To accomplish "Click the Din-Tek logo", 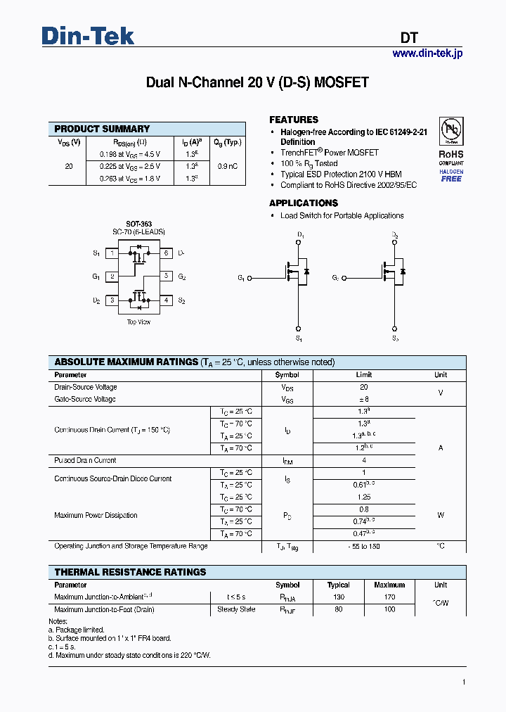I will (88, 36).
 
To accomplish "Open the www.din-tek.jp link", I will (427, 53).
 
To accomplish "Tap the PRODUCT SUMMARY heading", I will (102, 129).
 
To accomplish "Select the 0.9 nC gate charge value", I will (227, 166).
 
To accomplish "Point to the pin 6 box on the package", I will (167, 253).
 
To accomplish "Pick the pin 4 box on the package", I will (167, 300).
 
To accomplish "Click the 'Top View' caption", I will (138, 322).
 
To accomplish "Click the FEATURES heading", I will (294, 120).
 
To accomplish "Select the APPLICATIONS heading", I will (304, 203).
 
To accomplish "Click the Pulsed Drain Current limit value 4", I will (364, 460).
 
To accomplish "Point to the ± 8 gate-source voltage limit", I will (364, 399).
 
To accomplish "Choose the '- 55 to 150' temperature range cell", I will (364, 546).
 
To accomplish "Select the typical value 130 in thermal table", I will (339, 597).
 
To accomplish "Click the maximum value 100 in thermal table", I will (389, 609).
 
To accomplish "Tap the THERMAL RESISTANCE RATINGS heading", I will (130, 572).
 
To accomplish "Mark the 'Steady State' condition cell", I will (236, 609).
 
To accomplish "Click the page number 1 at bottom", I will (464, 682).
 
